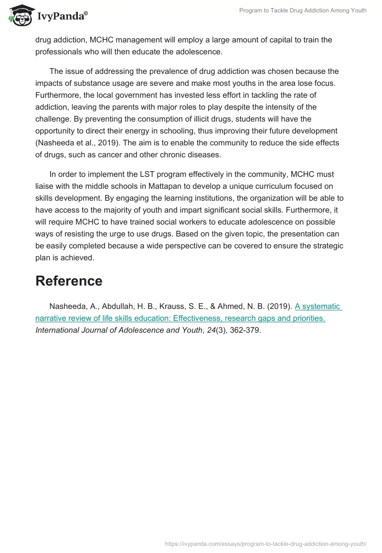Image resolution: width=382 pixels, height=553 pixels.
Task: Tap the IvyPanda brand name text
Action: click(62, 17)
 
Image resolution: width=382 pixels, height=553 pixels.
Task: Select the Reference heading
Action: click(69, 281)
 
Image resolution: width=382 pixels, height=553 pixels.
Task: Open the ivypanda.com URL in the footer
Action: click(265, 543)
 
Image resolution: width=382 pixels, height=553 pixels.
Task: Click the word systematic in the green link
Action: click(321, 307)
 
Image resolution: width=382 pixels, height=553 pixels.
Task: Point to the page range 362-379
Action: click(244, 330)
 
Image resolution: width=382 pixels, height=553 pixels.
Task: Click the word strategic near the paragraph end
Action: click(327, 246)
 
